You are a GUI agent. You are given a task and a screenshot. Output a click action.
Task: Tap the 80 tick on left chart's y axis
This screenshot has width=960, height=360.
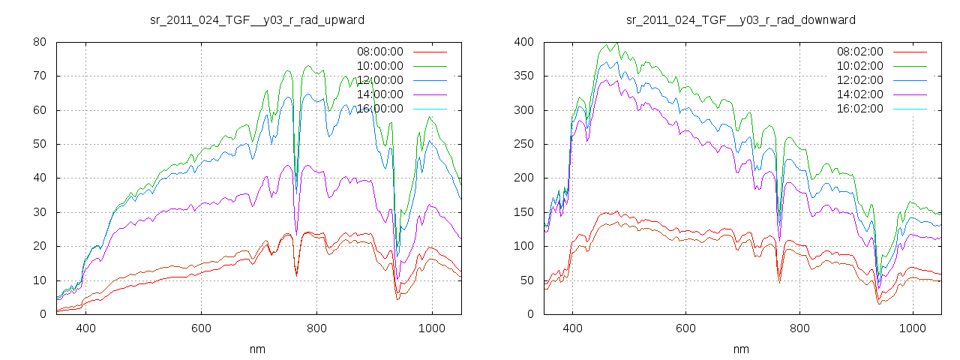40,42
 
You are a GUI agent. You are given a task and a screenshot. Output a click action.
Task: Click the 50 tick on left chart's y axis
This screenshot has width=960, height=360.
40,144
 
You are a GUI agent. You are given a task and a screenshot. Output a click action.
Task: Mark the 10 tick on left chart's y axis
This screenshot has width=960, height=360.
40,280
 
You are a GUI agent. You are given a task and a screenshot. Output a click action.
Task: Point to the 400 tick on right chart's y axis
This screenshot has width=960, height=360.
523,42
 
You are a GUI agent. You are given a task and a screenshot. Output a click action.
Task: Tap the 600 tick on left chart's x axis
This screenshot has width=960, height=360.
201,328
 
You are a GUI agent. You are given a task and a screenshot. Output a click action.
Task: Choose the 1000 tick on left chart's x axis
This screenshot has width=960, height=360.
432,328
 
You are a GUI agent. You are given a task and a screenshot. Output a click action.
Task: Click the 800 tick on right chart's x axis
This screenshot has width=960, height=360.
799,328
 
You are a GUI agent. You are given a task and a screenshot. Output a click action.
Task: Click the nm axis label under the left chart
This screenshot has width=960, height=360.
257,349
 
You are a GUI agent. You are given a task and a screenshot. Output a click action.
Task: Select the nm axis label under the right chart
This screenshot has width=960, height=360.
741,349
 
